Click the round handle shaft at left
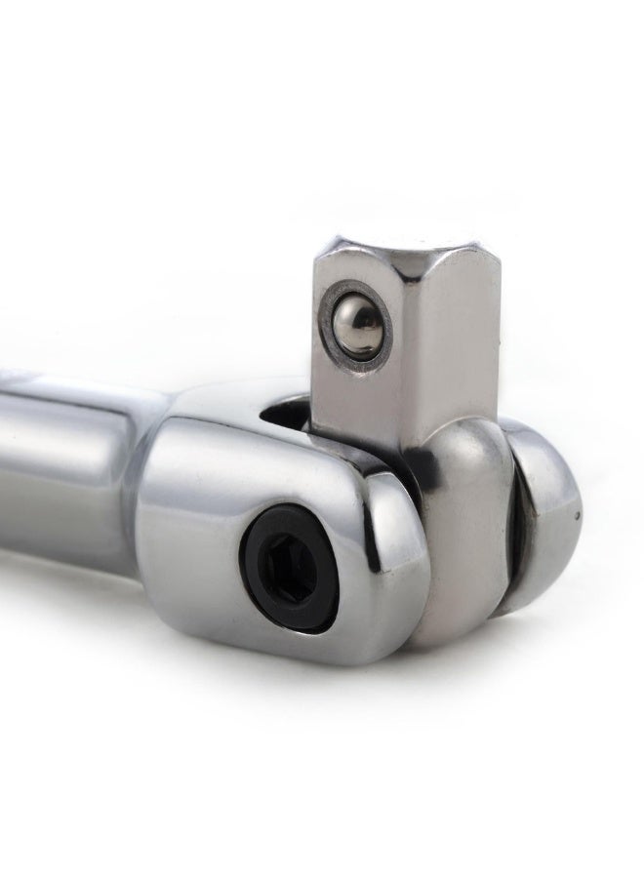[x=68, y=468]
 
